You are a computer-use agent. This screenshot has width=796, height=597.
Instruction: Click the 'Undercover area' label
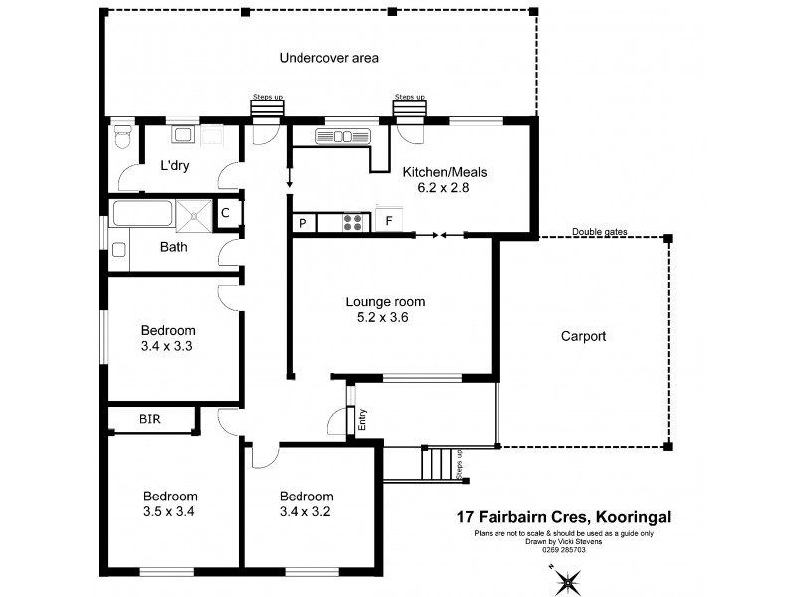(328, 58)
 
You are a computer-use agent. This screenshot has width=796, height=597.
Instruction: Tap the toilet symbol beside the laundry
(122, 137)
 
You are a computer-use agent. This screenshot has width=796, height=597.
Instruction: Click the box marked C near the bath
(226, 212)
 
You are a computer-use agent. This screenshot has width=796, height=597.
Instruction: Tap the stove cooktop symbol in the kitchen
(352, 222)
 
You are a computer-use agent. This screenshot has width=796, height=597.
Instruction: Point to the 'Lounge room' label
(385, 302)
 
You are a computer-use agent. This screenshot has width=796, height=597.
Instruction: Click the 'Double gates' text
(599, 232)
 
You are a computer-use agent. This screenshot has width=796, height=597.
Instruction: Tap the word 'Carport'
(583, 336)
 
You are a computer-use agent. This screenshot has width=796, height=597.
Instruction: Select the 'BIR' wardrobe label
(150, 420)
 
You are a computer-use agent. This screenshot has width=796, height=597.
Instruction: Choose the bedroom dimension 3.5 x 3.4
(168, 513)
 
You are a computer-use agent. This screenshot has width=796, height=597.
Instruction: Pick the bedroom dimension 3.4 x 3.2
(305, 513)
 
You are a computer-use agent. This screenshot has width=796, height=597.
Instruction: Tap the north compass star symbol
(568, 580)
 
